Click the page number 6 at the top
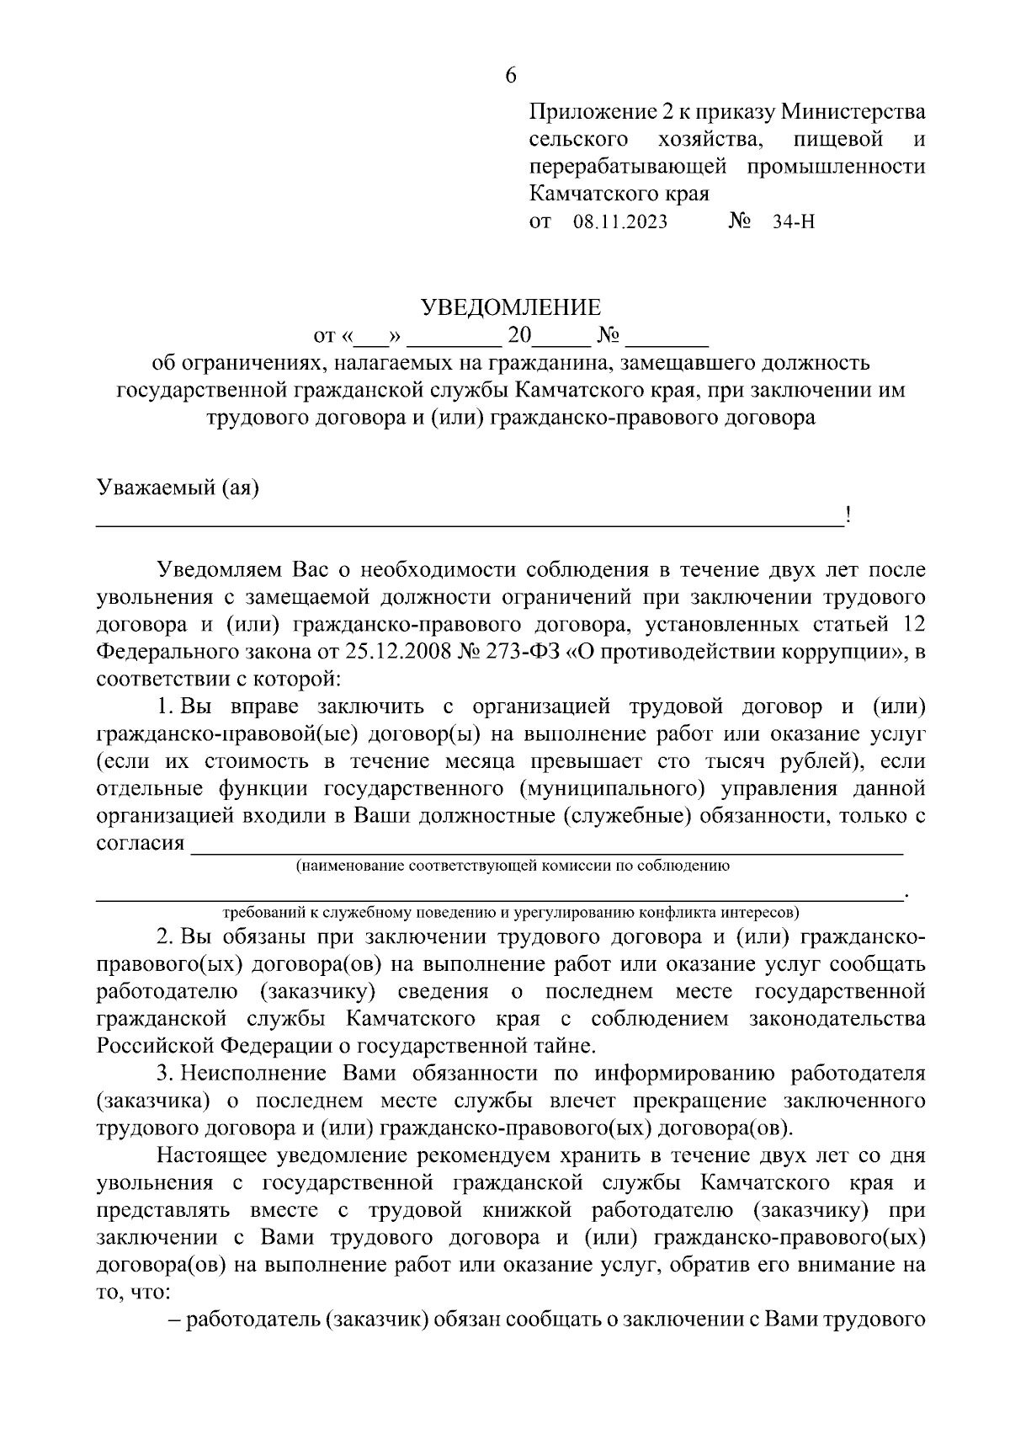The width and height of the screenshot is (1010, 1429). (x=510, y=76)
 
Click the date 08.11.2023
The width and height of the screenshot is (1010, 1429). (x=620, y=222)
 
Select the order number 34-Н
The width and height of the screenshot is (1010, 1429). (x=794, y=222)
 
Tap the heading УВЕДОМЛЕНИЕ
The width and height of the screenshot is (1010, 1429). (x=511, y=307)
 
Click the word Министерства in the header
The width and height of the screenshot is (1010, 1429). (x=853, y=111)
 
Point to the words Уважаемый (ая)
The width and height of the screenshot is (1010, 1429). (x=178, y=488)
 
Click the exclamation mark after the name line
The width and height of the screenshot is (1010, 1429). (x=848, y=515)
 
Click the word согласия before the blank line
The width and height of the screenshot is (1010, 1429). (x=140, y=843)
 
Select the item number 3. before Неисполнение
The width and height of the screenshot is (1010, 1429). (x=166, y=1074)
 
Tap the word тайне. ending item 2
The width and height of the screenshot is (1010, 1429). (x=565, y=1046)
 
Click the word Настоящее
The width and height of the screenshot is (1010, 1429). (x=217, y=1155)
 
